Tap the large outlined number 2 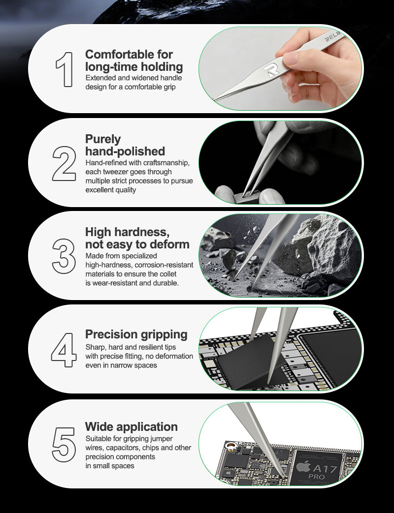64,164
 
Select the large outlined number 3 64,256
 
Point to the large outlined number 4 64,350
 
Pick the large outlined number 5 64,445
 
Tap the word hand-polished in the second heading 125,151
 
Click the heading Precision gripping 136,334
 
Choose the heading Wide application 131,426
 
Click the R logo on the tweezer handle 271,70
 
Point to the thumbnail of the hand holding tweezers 281,69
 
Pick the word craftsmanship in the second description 166,163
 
